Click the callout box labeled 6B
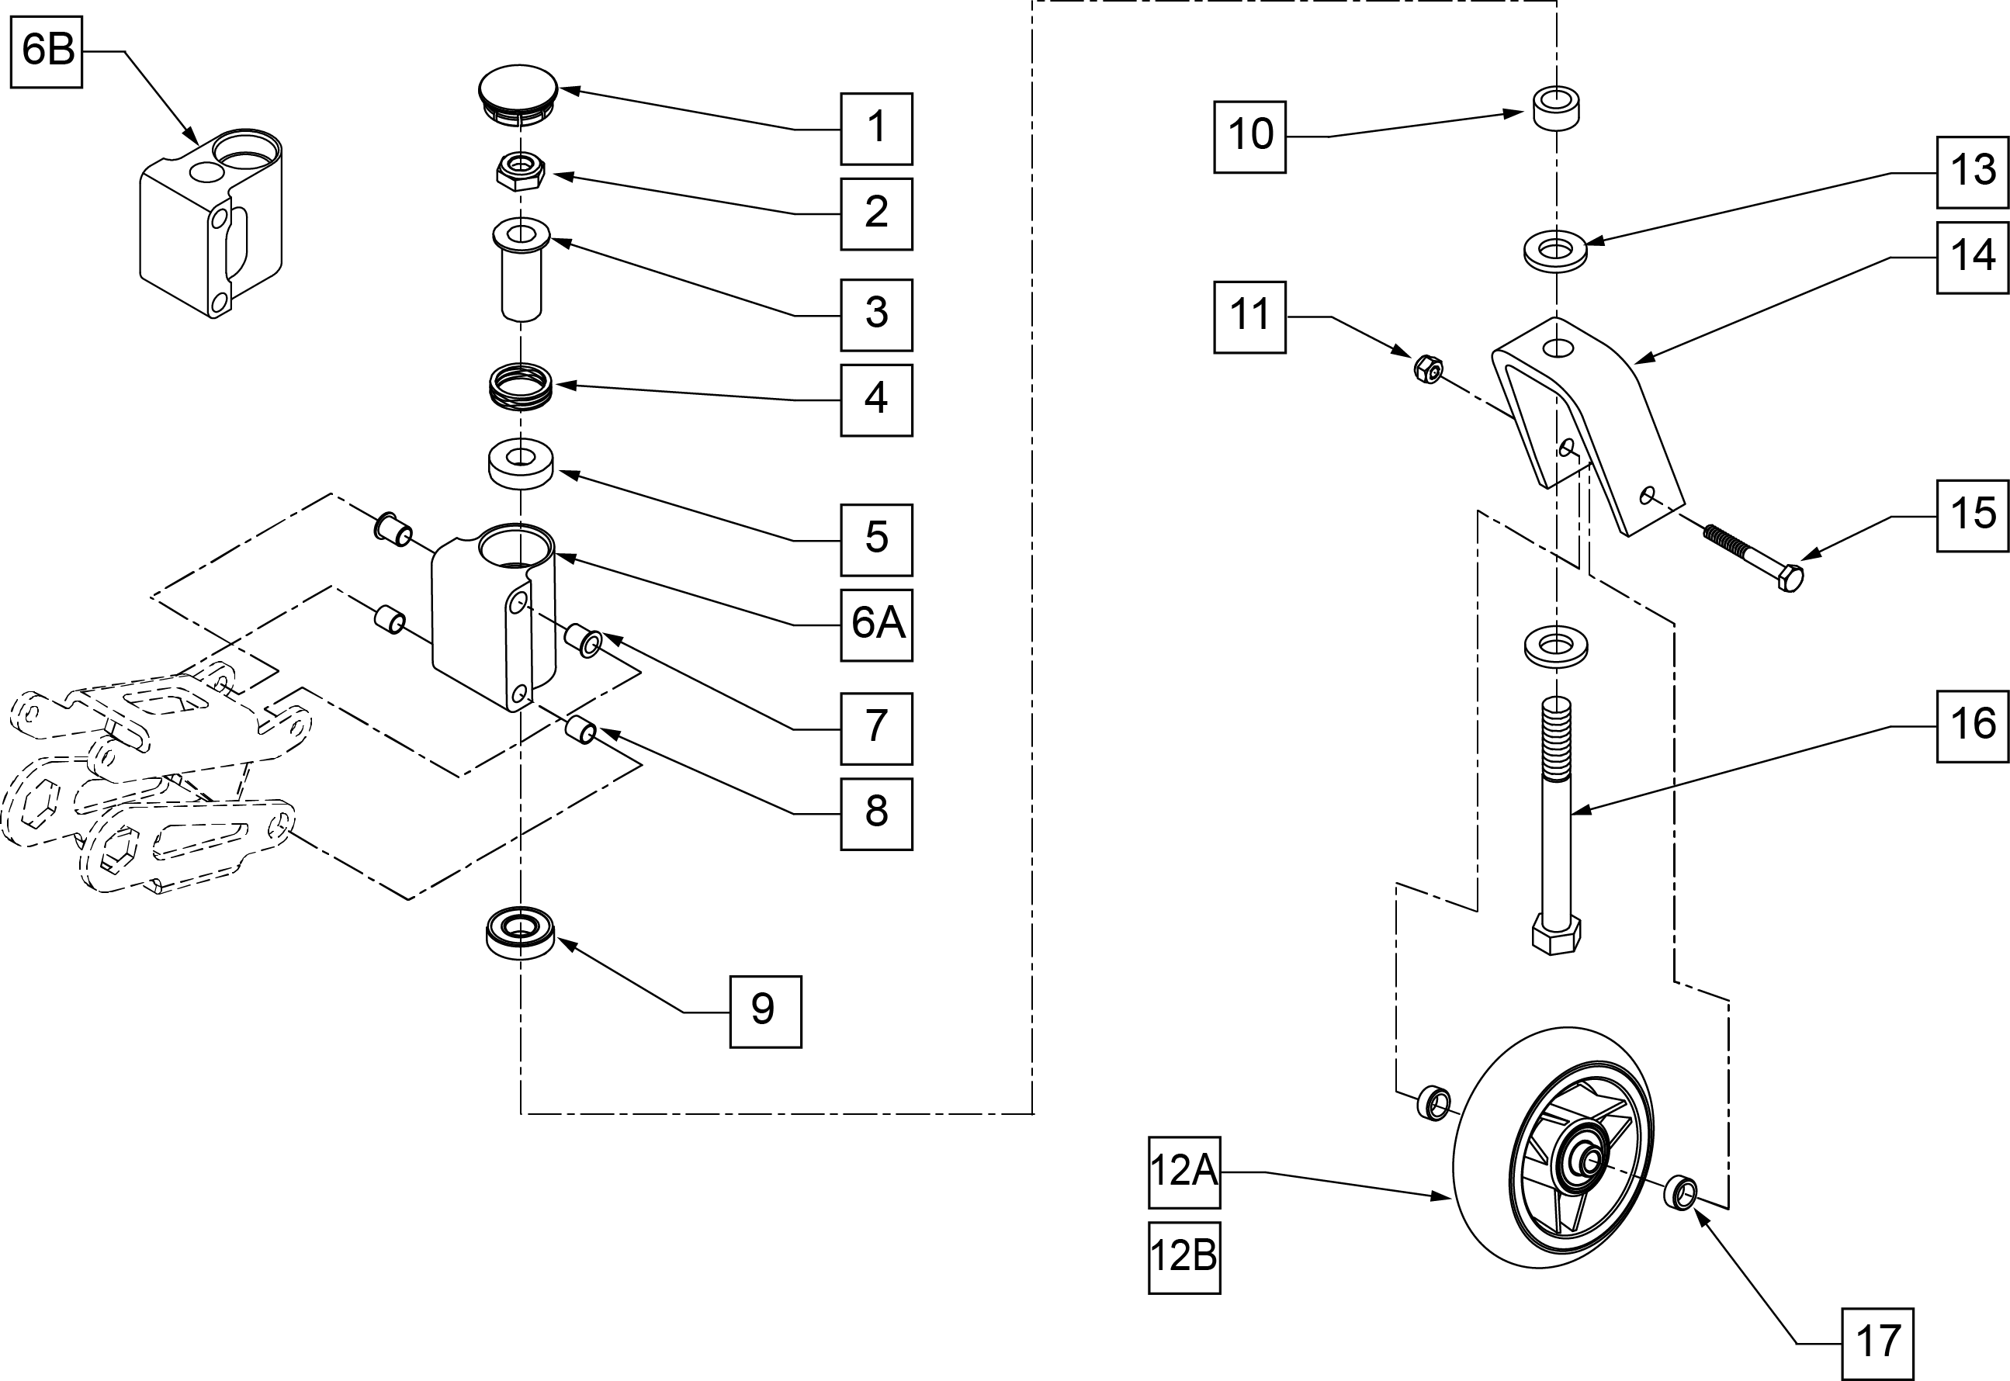(47, 51)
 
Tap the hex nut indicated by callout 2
(519, 170)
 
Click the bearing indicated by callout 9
(519, 932)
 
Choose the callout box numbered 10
(1249, 137)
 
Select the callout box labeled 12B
(1184, 1258)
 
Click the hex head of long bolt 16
(1555, 933)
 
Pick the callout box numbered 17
(1877, 1344)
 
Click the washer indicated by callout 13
(1555, 251)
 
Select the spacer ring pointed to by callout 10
(1555, 107)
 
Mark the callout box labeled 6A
(876, 625)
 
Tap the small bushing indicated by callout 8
(580, 729)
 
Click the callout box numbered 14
(1972, 257)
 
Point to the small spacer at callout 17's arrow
(1680, 1192)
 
